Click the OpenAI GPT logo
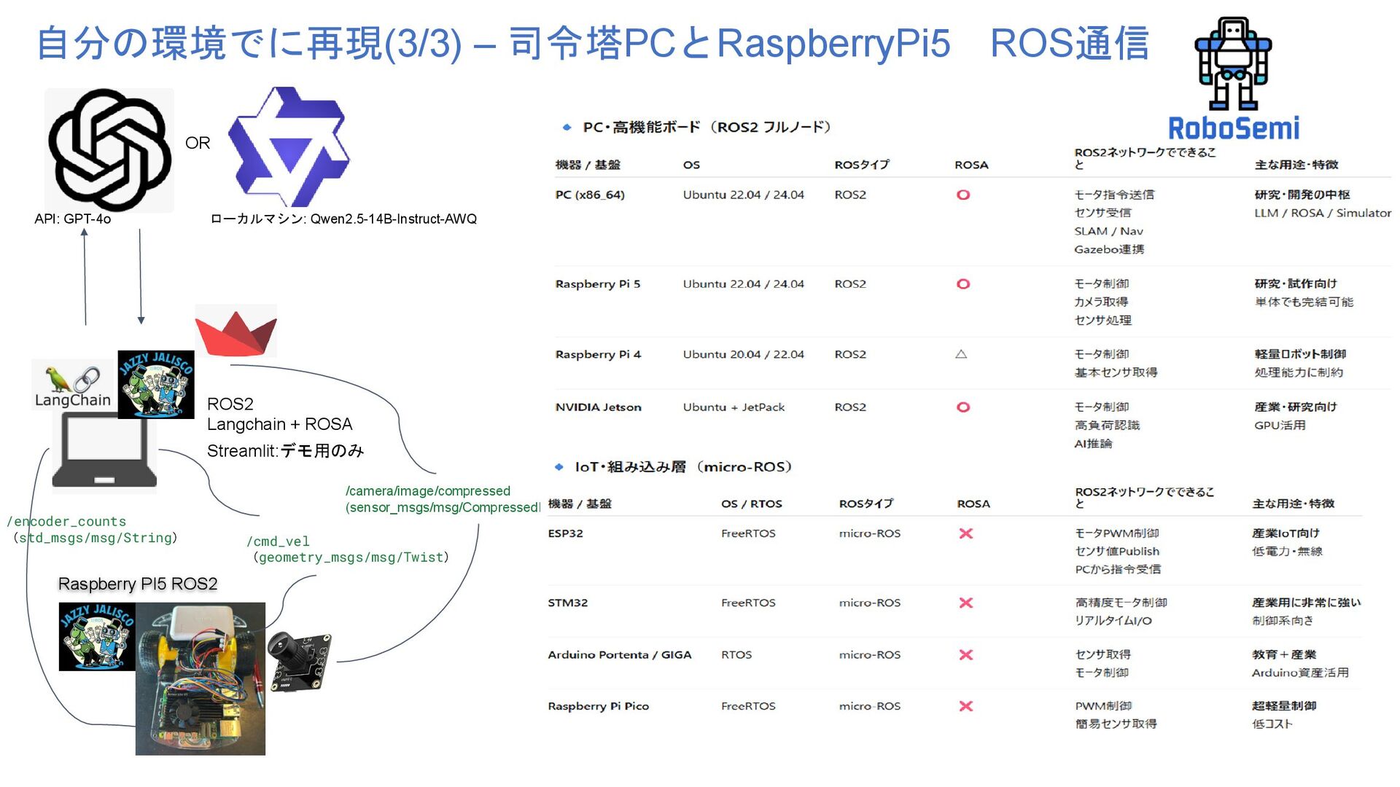tap(109, 150)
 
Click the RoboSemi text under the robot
tap(1233, 128)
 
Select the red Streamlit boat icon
tap(236, 332)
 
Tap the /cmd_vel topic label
tap(279, 541)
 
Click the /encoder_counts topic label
tap(67, 522)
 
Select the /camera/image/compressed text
tap(428, 491)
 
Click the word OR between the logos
tap(198, 143)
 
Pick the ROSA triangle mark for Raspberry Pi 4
tap(961, 354)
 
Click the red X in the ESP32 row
tap(966, 533)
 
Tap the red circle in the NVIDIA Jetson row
tap(963, 407)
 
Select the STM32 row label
tap(567, 603)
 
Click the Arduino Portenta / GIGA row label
tap(619, 654)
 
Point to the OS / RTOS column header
tap(751, 504)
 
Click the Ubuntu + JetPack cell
tap(734, 407)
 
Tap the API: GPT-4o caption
tap(73, 219)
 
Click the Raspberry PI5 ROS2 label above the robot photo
tap(138, 584)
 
